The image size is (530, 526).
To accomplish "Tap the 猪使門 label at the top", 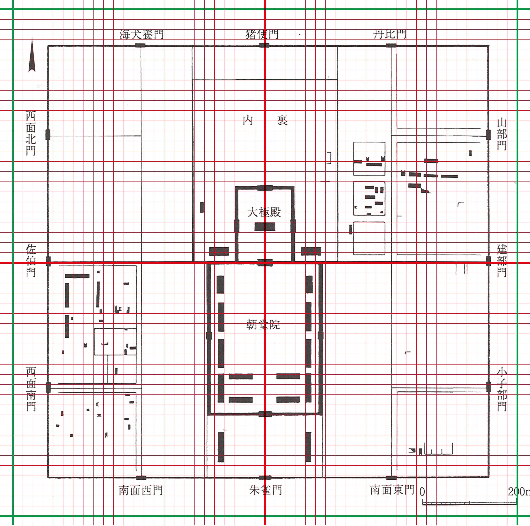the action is click(262, 34).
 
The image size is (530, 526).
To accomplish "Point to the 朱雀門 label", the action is click(266, 490).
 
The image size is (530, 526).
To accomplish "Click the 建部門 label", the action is click(502, 261).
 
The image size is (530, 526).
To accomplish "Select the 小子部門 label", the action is click(502, 389).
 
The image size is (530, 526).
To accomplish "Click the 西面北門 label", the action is click(31, 133).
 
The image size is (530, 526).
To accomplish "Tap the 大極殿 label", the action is click(264, 212).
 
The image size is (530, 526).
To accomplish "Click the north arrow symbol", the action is click(32, 55).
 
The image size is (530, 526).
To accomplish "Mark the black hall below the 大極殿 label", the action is click(265, 227).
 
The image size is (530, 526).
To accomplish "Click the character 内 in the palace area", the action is click(248, 120).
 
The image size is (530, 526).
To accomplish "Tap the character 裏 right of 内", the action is click(282, 120).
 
